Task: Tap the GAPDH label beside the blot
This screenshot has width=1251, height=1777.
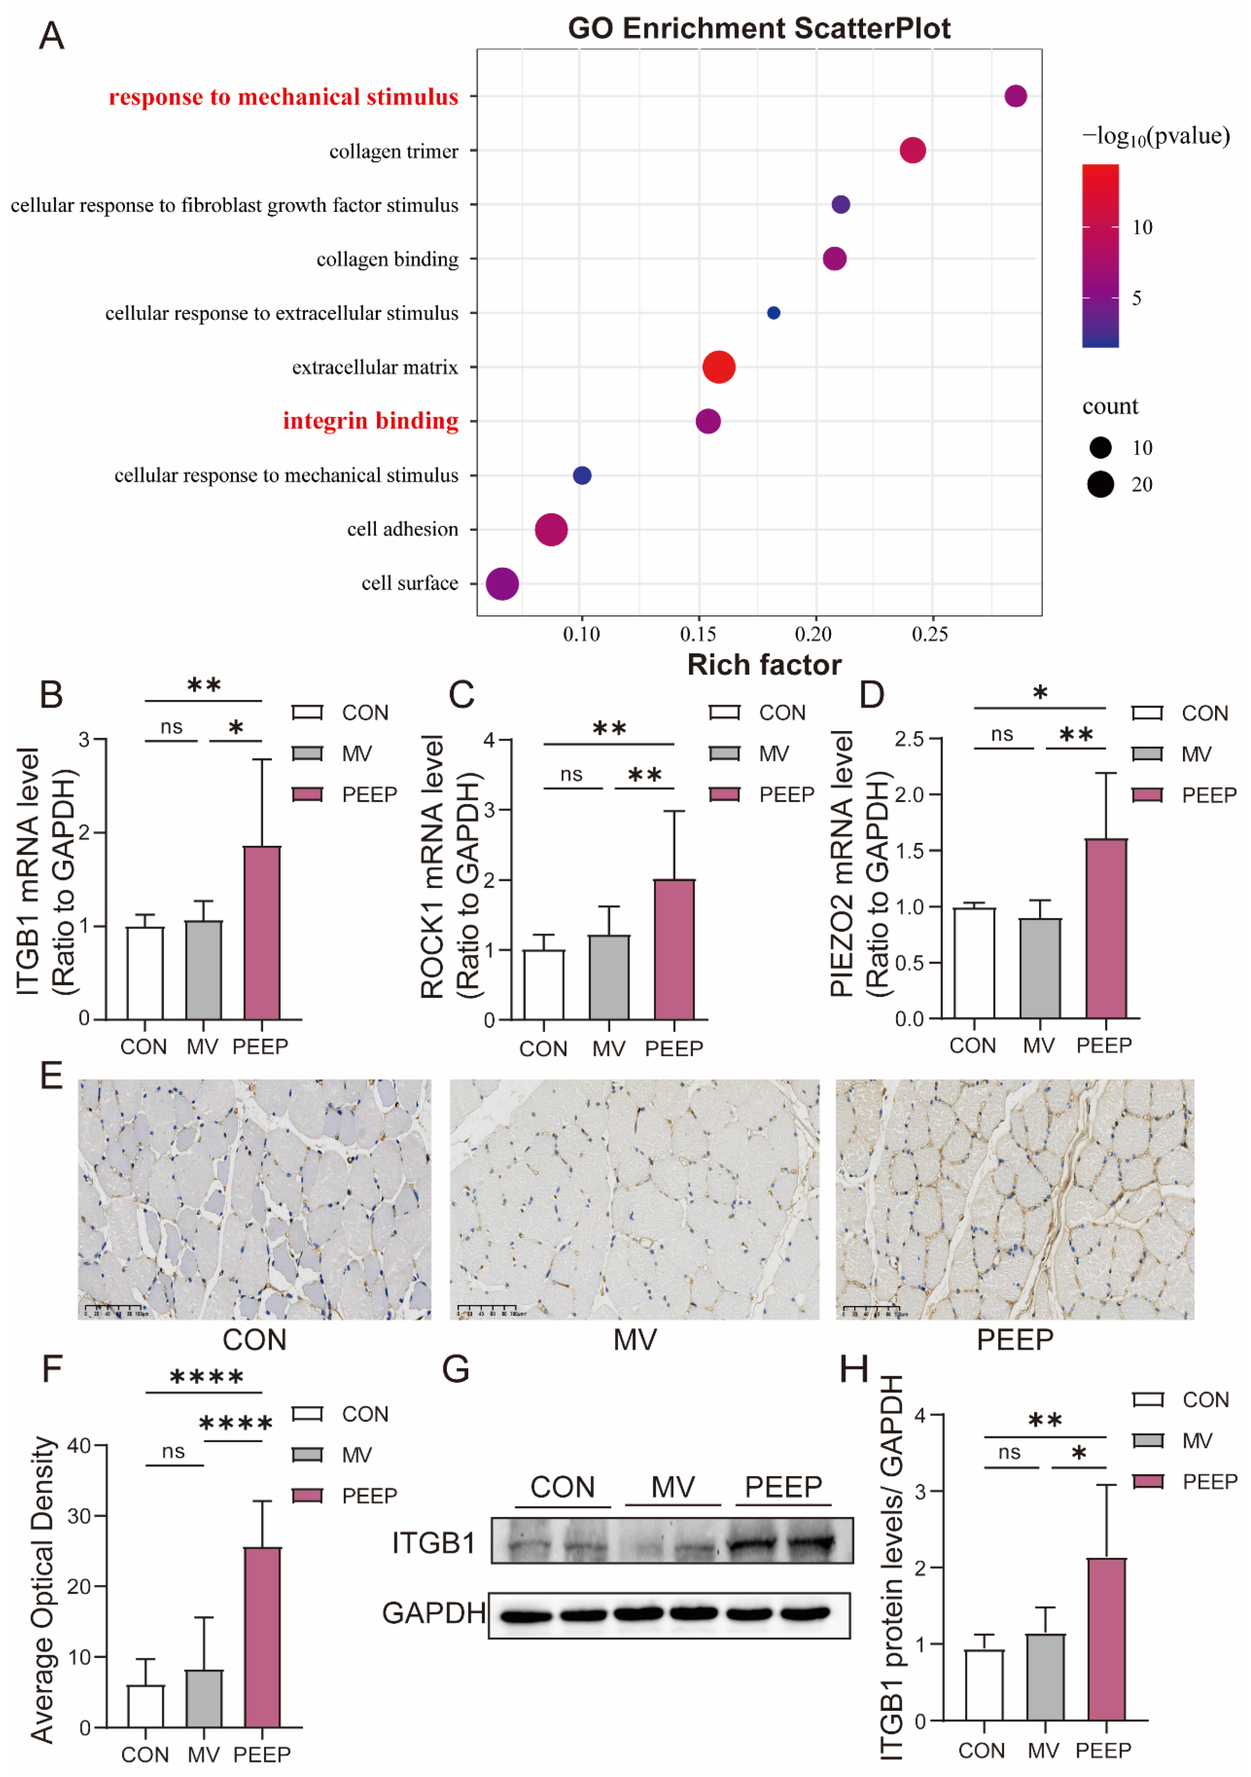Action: pos(433,1613)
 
